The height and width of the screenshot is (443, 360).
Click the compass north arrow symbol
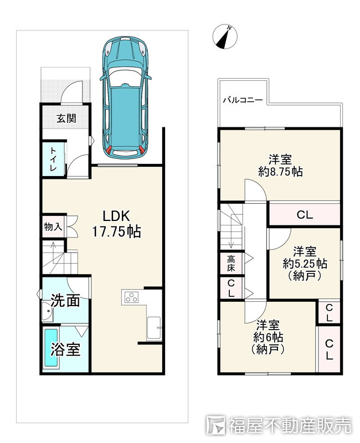(225, 37)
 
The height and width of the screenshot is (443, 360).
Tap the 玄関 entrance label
(66, 118)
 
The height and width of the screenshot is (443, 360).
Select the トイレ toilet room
(54, 159)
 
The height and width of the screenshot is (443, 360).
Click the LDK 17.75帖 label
(116, 224)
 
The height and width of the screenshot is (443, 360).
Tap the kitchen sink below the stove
(154, 328)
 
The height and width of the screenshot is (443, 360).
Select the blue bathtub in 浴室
(51, 347)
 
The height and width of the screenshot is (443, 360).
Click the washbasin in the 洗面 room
(47, 312)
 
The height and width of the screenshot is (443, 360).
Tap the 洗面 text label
(65, 301)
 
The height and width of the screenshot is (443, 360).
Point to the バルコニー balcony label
(243, 100)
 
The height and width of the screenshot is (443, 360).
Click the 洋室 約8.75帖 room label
(280, 166)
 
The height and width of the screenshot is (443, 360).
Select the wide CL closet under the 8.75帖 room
(305, 215)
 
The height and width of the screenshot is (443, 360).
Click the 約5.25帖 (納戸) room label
(305, 264)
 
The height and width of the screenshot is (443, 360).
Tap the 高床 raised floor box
(232, 262)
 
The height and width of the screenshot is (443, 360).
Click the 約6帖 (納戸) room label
(268, 337)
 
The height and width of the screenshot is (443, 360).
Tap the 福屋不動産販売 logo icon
(216, 425)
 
